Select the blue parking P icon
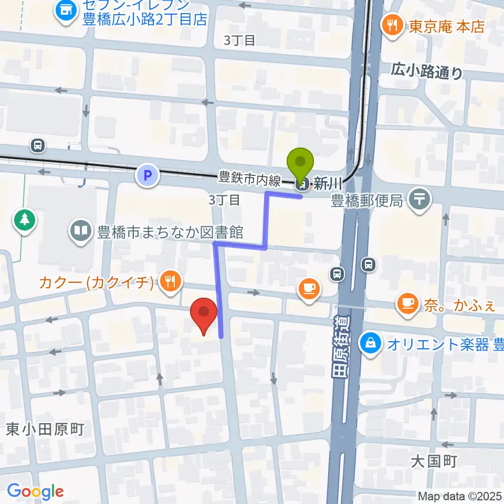tap(148, 175)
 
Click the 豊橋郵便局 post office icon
tap(421, 199)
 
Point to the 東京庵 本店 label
tap(446, 27)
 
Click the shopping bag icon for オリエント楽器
tap(371, 344)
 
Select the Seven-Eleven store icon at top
tap(66, 8)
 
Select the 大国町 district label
tap(434, 461)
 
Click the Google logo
tap(35, 491)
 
